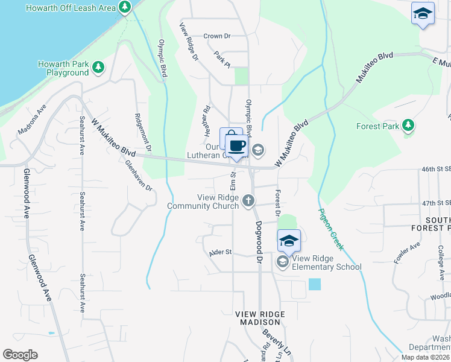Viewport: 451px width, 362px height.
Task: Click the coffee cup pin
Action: [x=236, y=146]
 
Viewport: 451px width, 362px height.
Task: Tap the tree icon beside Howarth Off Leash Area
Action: [x=125, y=8]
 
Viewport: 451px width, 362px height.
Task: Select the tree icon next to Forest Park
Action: [x=409, y=125]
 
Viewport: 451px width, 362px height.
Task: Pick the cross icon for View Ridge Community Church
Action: [x=248, y=202]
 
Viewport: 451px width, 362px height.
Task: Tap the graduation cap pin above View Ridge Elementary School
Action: [x=289, y=241]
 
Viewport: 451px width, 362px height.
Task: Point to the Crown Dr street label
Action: [x=217, y=36]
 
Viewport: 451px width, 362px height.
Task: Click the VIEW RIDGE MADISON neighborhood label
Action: [x=259, y=319]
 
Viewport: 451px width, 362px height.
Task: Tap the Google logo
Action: [x=20, y=355]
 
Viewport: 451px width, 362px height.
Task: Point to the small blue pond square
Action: [x=314, y=284]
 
